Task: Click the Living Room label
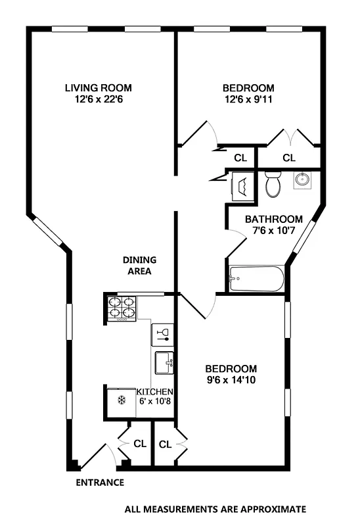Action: click(x=98, y=88)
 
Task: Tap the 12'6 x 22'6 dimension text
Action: click(x=98, y=100)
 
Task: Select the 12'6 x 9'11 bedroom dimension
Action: click(x=248, y=100)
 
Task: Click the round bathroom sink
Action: click(x=303, y=179)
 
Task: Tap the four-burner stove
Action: click(x=120, y=308)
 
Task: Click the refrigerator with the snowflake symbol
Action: click(x=120, y=400)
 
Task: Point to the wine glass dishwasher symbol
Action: click(x=162, y=334)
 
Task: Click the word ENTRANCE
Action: click(x=100, y=483)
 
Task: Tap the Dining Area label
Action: click(x=138, y=265)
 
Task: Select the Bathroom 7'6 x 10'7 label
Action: click(x=274, y=225)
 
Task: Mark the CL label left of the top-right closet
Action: click(x=240, y=158)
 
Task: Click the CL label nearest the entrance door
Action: click(x=139, y=444)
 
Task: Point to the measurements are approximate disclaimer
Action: click(x=215, y=509)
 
